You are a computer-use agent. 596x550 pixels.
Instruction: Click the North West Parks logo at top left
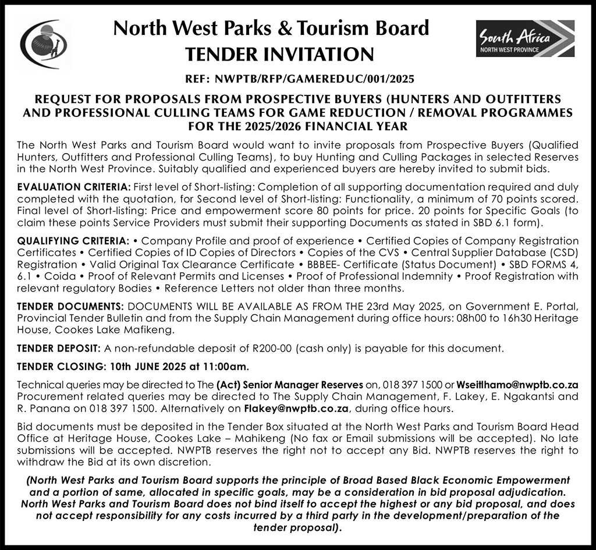[43, 44]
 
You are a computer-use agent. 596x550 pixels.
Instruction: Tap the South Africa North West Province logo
[525, 39]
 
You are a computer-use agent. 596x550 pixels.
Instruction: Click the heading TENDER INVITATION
[279, 55]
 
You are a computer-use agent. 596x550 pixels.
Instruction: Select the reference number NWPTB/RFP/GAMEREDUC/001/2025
[314, 78]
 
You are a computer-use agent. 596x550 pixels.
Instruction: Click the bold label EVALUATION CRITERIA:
[74, 187]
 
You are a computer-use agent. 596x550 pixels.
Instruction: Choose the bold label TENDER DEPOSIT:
[59, 349]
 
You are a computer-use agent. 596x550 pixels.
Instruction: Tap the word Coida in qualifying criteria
[44, 276]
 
